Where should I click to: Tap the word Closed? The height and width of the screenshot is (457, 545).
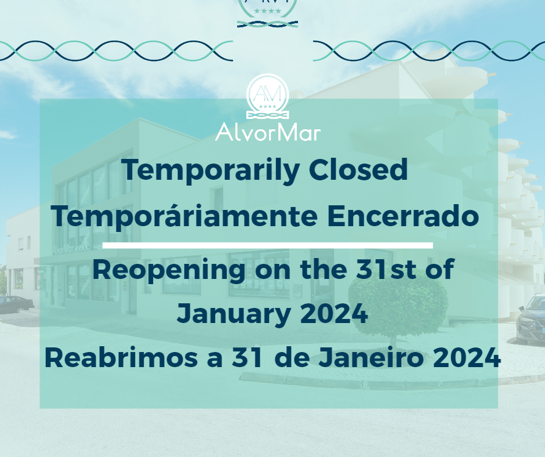point(358,171)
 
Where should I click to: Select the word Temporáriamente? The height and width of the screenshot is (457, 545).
point(179,216)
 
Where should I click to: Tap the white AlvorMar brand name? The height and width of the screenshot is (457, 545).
point(267,132)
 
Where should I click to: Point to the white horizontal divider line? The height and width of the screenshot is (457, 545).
point(267,245)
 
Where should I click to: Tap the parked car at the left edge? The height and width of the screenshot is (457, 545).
point(14,303)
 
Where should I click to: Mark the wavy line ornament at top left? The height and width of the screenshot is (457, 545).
point(116,51)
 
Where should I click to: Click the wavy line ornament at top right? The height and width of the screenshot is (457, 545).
point(429,51)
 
